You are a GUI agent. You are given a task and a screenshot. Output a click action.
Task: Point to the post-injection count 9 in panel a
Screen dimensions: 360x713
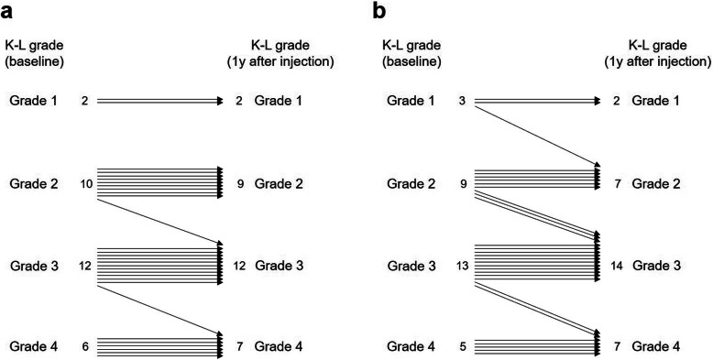[239, 183]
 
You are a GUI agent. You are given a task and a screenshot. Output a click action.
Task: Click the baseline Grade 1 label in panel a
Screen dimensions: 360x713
[34, 102]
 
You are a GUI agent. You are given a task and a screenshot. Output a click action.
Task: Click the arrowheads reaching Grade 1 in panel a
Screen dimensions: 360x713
[219, 102]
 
